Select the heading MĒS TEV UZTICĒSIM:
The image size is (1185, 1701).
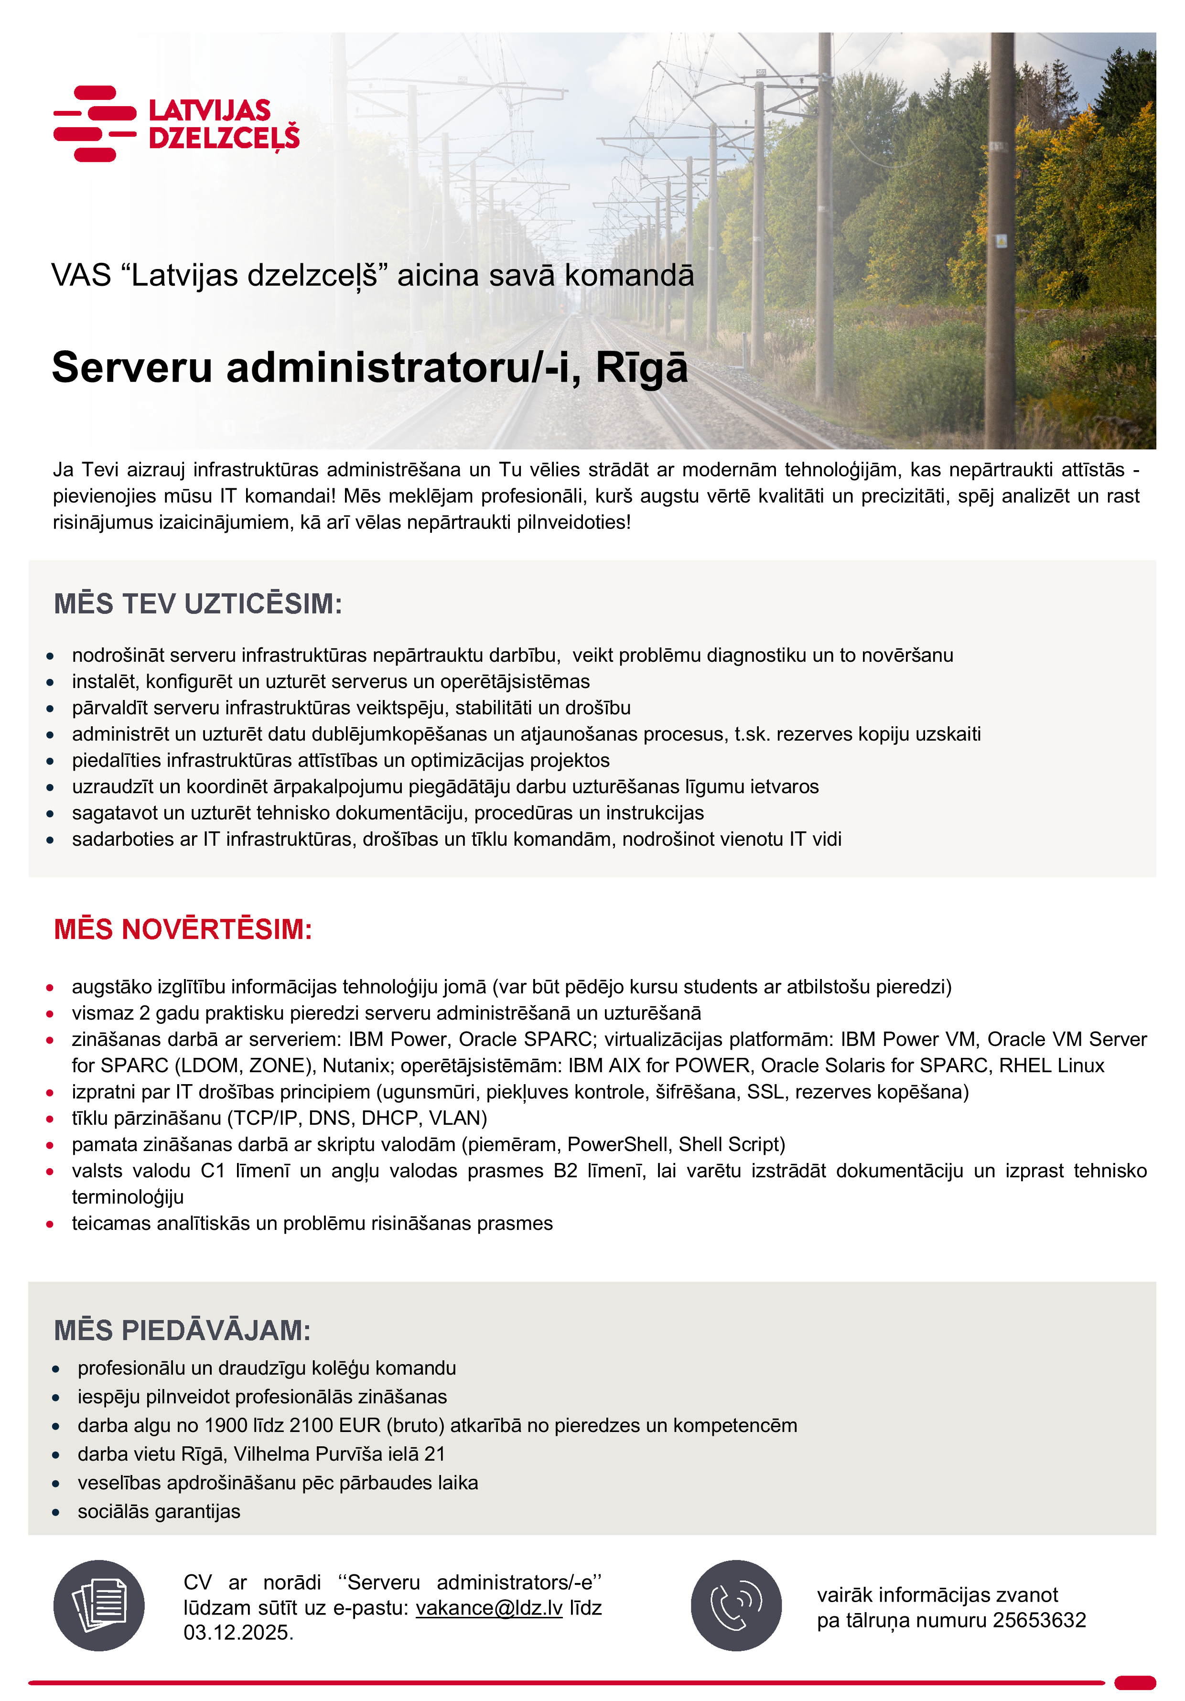(198, 604)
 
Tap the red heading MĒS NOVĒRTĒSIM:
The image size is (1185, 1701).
(183, 929)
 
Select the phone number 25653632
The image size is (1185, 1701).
(1039, 1620)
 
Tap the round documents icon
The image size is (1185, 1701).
(98, 1605)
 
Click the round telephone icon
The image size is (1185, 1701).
(736, 1605)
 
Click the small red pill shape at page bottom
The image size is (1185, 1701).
(1135, 1682)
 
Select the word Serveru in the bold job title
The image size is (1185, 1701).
(132, 367)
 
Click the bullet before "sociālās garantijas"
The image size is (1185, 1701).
(55, 1512)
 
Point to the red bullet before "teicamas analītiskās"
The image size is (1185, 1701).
(50, 1224)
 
